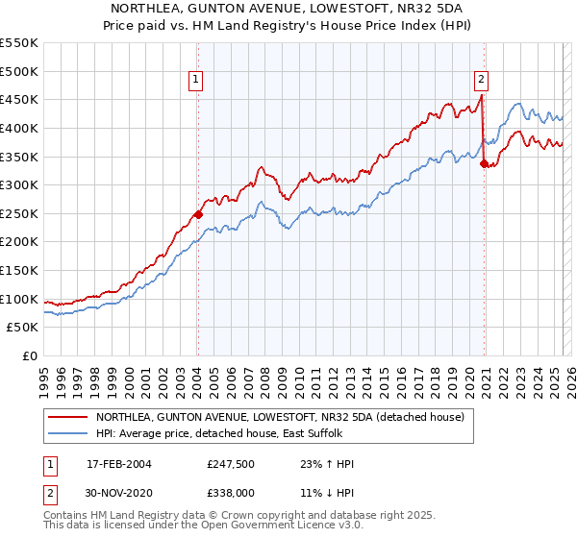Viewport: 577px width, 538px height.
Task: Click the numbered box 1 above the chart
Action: coord(196,81)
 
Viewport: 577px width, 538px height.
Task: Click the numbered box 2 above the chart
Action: coord(481,81)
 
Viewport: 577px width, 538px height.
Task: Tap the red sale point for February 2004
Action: coord(198,215)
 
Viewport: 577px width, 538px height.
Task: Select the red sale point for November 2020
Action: coord(484,163)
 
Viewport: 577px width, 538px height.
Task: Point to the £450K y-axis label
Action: coord(19,99)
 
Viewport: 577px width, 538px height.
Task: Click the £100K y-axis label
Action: coord(19,299)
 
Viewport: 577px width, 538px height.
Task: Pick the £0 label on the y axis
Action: coord(30,356)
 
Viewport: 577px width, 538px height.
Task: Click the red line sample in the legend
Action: coord(68,417)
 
